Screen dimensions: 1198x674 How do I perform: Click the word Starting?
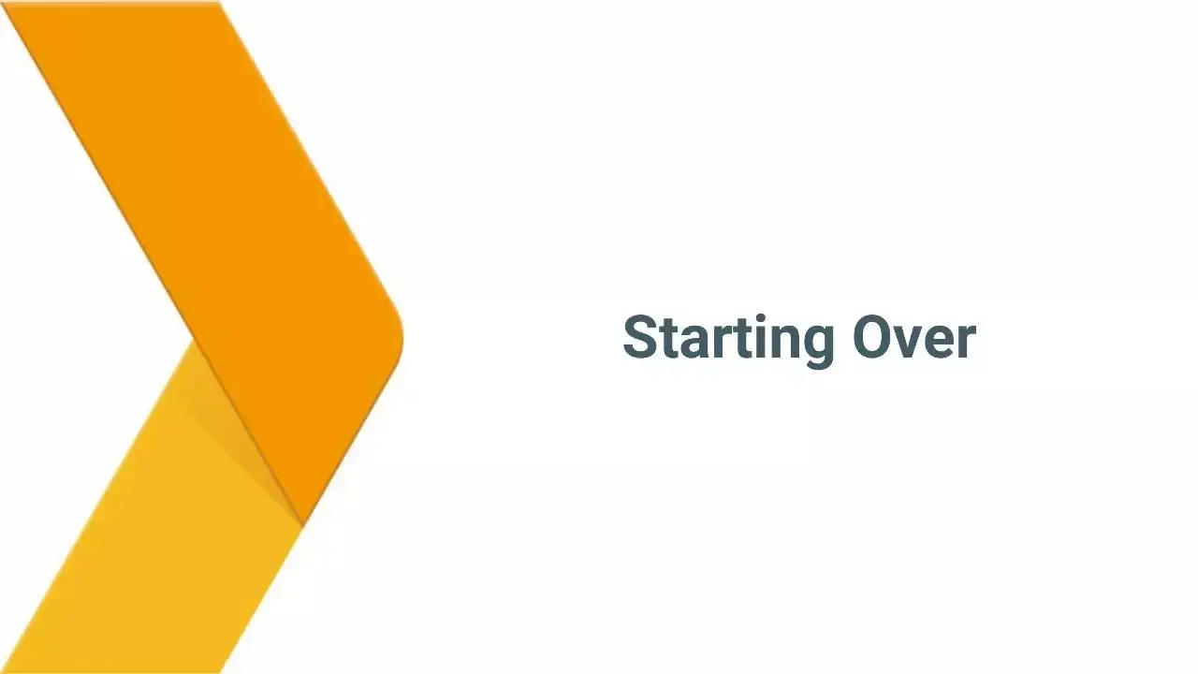tap(729, 341)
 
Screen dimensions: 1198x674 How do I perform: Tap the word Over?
tap(914, 338)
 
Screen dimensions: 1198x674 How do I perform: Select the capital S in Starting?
tap(640, 338)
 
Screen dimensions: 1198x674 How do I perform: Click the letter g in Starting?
tap(817, 346)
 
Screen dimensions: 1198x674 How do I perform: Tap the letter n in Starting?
tap(781, 342)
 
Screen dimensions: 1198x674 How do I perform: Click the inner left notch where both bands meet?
tap(194, 340)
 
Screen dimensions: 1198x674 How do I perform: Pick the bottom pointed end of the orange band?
tap(302, 525)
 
